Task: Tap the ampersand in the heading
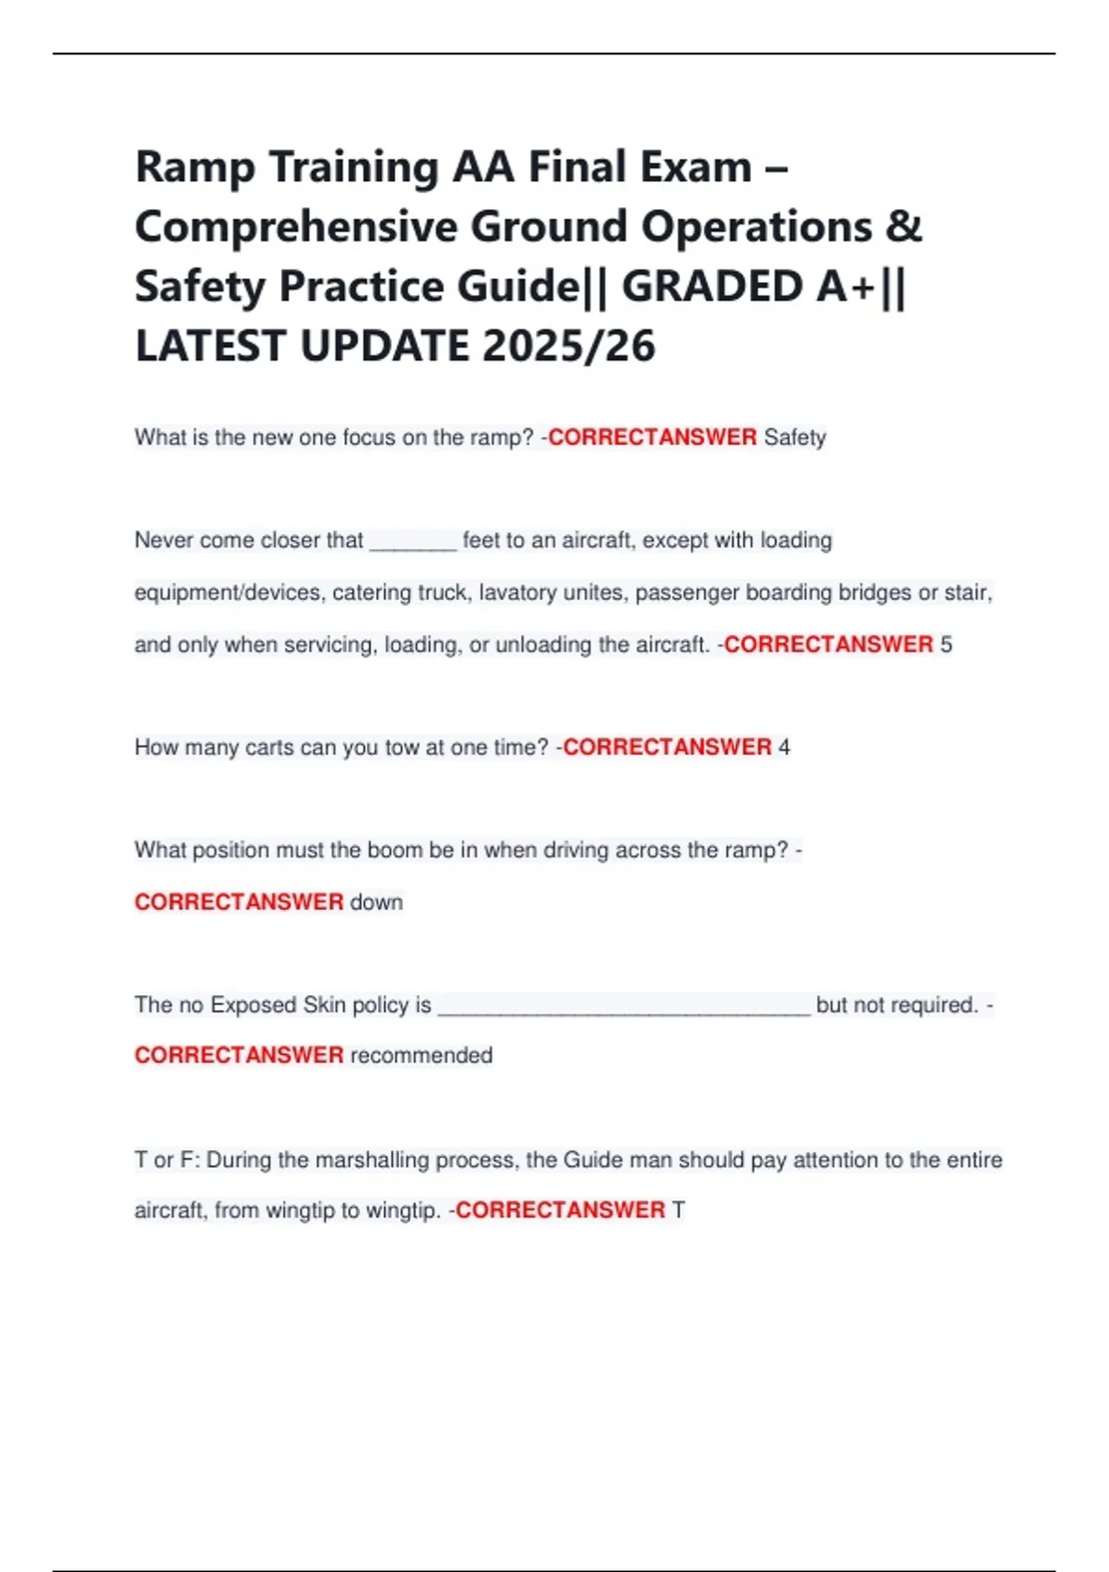(903, 227)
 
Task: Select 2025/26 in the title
(568, 347)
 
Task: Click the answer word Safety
(795, 437)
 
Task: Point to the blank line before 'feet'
(412, 541)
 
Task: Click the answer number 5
(946, 645)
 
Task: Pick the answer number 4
(784, 747)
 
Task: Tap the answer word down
(376, 902)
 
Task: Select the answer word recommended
(421, 1055)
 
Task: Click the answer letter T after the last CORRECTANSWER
(678, 1210)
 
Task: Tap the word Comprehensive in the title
(297, 227)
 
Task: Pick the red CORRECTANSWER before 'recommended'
(238, 1055)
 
